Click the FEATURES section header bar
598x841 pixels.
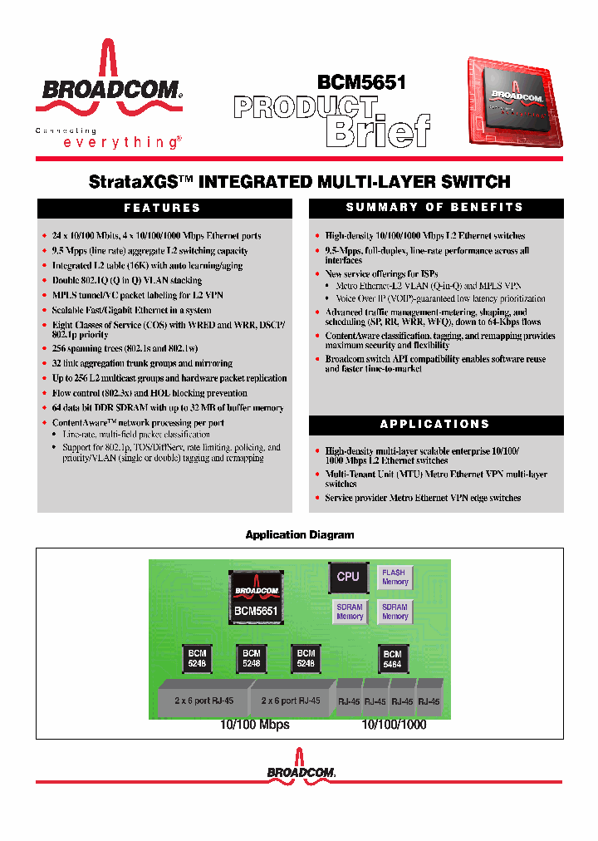click(x=163, y=208)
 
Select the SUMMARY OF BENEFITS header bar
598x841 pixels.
click(x=435, y=208)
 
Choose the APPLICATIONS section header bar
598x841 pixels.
click(x=435, y=424)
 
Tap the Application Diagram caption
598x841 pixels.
click(x=299, y=535)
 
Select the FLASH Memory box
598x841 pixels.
click(x=395, y=577)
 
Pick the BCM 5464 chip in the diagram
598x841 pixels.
click(x=393, y=659)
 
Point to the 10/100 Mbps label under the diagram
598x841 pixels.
click(x=254, y=725)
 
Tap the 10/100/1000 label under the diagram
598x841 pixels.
click(x=394, y=725)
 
